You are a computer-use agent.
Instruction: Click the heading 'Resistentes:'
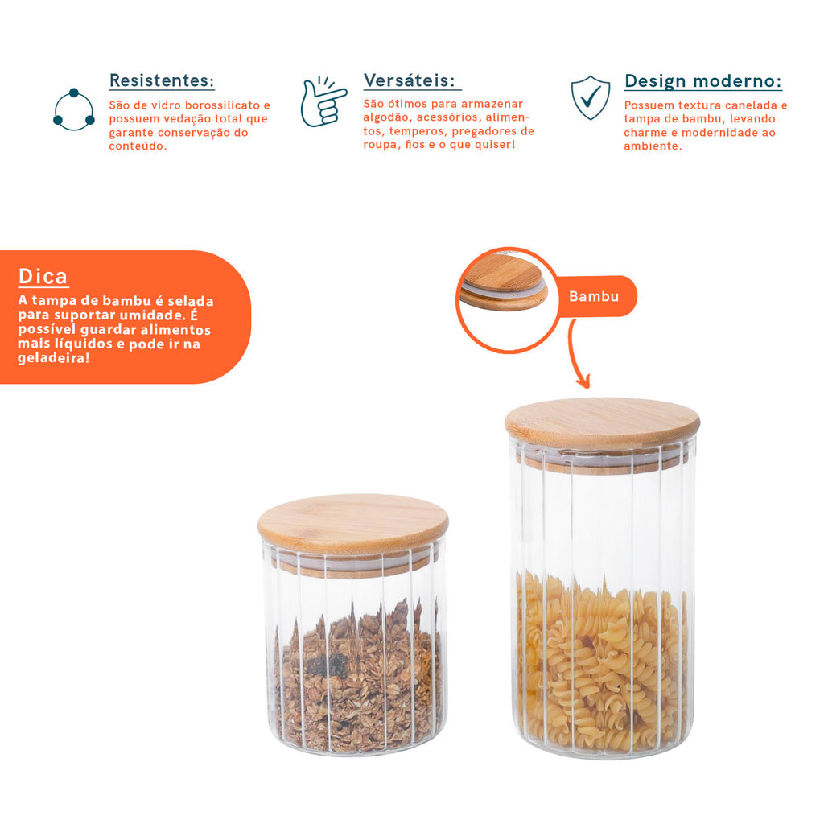click(162, 80)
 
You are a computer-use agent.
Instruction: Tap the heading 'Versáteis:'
click(410, 80)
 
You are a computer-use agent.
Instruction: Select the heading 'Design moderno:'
click(703, 81)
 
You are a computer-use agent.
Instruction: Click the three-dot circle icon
click(73, 109)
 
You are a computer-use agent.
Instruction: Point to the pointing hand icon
click(323, 102)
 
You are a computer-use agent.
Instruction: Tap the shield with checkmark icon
click(591, 97)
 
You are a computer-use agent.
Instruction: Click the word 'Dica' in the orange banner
click(43, 276)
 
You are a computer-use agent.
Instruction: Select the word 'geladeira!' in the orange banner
click(54, 358)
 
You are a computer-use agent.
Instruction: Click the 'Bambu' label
click(594, 296)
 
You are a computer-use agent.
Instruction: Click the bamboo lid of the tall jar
click(602, 423)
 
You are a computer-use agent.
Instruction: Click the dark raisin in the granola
click(327, 664)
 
